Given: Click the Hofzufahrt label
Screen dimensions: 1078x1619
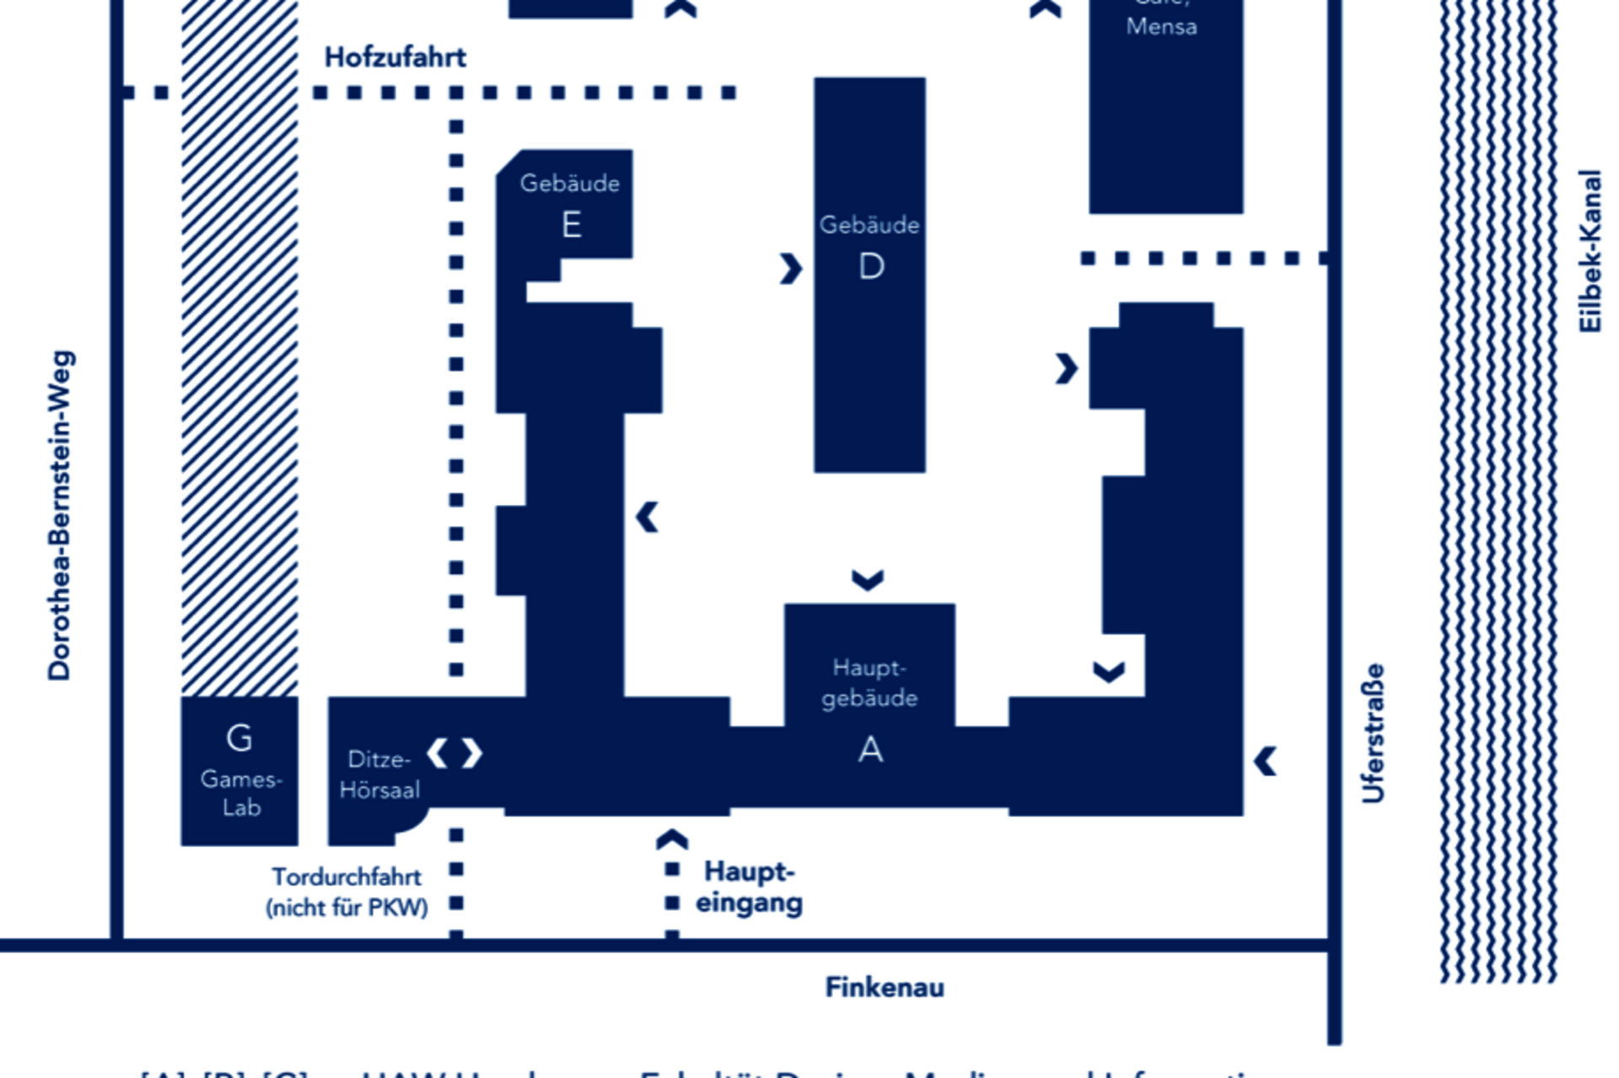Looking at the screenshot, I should point(395,57).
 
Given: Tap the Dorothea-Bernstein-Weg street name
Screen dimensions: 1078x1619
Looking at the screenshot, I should point(60,515).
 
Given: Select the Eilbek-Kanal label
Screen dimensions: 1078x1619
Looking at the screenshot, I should point(1589,251).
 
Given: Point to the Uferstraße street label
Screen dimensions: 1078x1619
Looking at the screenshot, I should point(1373,733).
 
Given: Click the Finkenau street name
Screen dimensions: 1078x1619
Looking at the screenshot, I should point(884,987).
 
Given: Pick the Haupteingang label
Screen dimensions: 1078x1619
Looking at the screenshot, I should point(748,887).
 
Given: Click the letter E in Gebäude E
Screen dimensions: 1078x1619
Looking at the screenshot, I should point(571,225).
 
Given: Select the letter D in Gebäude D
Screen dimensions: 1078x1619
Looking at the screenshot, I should point(871,267).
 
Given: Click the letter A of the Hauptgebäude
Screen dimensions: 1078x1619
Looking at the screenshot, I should point(870,749).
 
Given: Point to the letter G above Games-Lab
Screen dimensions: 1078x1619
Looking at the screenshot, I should point(239,738).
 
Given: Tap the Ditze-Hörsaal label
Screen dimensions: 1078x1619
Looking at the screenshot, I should point(379,774).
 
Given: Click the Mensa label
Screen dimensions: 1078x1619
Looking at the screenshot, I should point(1161,26).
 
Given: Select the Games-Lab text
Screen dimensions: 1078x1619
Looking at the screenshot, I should point(241,793).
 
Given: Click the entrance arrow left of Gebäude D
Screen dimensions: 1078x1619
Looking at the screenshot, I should point(791,269).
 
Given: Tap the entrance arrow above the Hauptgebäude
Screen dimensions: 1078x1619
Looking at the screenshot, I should point(868,580).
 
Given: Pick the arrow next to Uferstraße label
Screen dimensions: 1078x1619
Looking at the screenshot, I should point(1265,761).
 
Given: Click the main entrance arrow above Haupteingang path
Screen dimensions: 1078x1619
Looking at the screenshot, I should point(672,839).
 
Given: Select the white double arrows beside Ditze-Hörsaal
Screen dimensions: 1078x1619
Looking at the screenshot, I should point(455,753).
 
